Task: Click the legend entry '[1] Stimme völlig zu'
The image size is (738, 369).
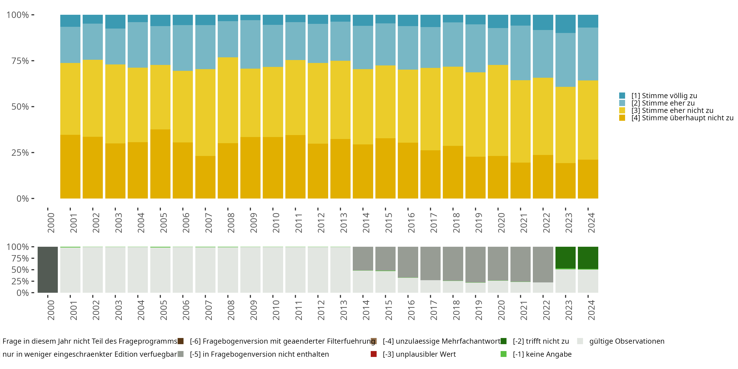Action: [658, 96]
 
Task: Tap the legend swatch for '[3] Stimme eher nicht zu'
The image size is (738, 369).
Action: [622, 110]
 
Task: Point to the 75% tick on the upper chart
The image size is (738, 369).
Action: [33, 61]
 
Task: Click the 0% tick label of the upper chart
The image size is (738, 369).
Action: [23, 199]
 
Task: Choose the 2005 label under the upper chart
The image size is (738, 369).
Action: [163, 223]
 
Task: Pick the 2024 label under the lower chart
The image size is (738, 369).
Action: [591, 310]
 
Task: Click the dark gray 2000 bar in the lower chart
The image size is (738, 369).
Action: [47, 270]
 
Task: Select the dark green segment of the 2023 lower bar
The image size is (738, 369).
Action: [565, 258]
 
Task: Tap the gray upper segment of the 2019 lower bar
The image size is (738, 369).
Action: [475, 264]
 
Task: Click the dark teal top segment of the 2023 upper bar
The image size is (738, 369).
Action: [565, 24]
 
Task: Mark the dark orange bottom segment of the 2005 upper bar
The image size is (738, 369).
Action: [160, 164]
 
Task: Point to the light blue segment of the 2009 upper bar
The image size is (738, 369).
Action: [250, 45]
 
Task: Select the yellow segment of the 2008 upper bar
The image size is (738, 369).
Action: [228, 100]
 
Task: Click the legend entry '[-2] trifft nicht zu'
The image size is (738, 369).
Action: [535, 341]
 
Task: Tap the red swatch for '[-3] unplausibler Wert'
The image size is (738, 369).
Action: [374, 354]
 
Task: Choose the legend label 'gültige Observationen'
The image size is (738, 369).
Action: [627, 341]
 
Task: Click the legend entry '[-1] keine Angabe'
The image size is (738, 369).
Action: [536, 354]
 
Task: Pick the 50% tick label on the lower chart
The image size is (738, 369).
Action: [20, 270]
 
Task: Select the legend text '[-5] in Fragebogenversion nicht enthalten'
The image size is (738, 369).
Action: [259, 354]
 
